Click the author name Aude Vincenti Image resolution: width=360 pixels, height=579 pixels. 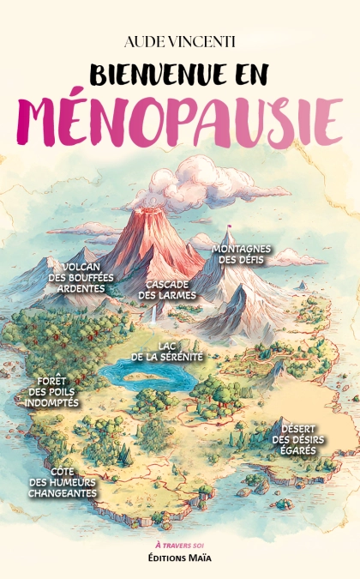[179, 41]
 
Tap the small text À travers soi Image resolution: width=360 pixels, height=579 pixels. [179, 546]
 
